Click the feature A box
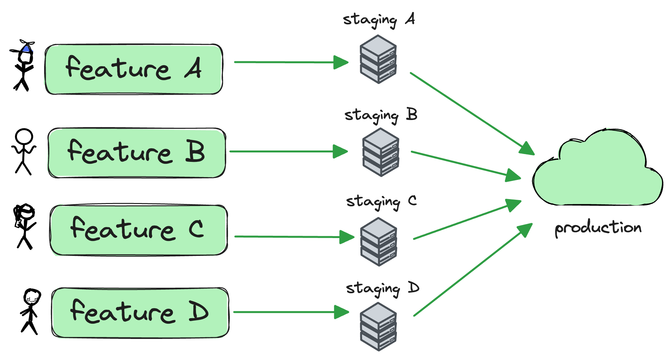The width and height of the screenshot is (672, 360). tap(133, 69)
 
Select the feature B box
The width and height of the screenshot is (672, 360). tap(136, 153)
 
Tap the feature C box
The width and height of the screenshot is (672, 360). tap(139, 230)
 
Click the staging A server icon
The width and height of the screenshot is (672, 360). tap(378, 59)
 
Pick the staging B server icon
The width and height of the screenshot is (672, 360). tap(381, 152)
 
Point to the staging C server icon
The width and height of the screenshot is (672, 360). tap(379, 242)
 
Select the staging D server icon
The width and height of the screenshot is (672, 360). tap(379, 327)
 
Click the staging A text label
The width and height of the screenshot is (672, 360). tap(379, 20)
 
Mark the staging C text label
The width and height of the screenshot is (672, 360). tap(381, 202)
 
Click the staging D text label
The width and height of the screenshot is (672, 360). tap(383, 289)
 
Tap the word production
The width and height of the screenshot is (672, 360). tap(598, 228)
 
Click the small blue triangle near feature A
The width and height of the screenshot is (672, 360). tap(27, 49)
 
